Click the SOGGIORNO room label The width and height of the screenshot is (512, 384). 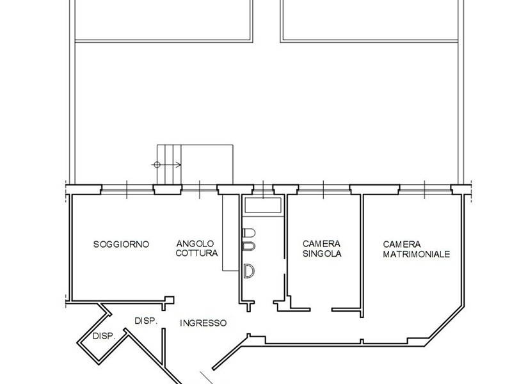pyautogui.click(x=121, y=244)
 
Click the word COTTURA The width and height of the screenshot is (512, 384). pyautogui.click(x=197, y=253)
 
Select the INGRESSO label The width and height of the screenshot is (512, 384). pyautogui.click(x=202, y=323)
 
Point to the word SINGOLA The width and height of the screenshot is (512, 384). pyautogui.click(x=322, y=253)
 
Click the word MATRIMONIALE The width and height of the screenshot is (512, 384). pyautogui.click(x=416, y=254)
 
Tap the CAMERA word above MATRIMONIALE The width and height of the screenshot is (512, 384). pyautogui.click(x=402, y=244)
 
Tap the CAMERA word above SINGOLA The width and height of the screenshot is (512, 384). pyautogui.click(x=321, y=244)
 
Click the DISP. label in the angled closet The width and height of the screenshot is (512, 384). pyautogui.click(x=104, y=336)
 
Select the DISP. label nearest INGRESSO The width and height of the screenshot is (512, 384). pyautogui.click(x=146, y=321)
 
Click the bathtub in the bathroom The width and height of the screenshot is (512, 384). pyautogui.click(x=262, y=205)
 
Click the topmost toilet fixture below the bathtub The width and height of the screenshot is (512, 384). pyautogui.click(x=250, y=232)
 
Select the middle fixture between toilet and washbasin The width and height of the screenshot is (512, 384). pyautogui.click(x=250, y=246)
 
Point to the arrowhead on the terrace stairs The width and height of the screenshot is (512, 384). pyautogui.click(x=180, y=164)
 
